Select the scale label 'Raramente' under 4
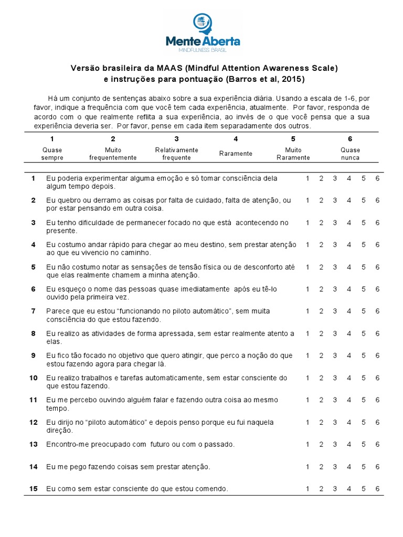(236, 154)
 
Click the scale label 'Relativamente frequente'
(176, 154)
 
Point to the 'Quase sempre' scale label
(52, 154)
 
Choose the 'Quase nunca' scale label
(350, 154)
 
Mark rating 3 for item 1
(334, 178)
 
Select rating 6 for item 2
(377, 200)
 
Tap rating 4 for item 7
(348, 311)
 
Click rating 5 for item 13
(363, 444)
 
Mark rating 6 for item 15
(377, 489)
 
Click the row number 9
(33, 356)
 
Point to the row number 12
(34, 422)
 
